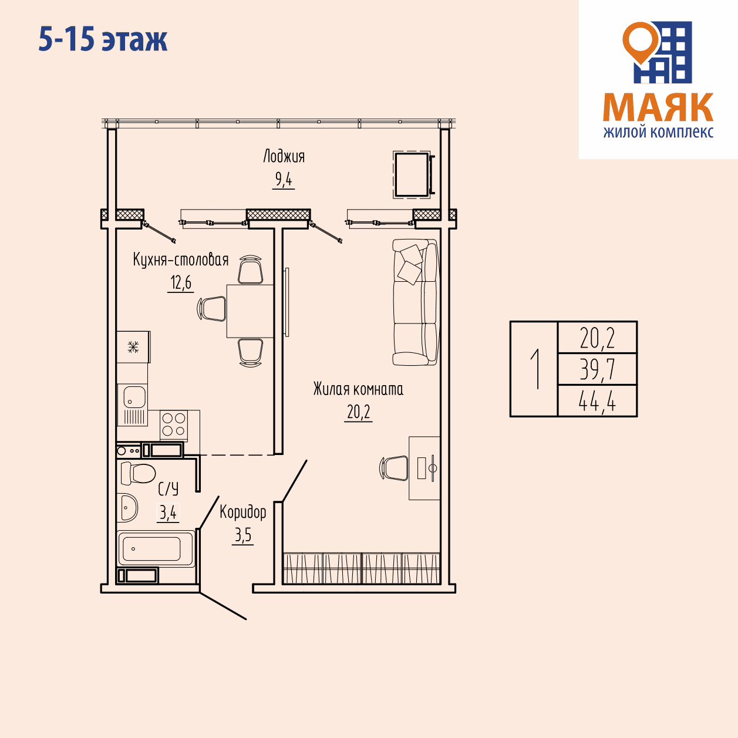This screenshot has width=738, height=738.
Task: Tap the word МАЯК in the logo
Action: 658,107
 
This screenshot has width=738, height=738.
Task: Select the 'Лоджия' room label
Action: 284,156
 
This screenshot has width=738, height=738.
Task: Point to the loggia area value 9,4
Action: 284,179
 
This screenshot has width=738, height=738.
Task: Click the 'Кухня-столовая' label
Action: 181,260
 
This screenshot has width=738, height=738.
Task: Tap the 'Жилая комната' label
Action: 358,389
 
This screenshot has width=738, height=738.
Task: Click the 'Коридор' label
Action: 243,511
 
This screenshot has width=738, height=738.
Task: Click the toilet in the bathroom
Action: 137,473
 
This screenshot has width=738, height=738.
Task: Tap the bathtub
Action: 156,548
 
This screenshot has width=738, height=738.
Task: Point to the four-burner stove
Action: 174,424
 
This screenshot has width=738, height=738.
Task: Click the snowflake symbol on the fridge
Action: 133,347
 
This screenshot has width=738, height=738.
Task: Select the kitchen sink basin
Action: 134,397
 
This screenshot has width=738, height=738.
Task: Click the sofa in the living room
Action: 415,302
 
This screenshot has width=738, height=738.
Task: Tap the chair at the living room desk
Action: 394,468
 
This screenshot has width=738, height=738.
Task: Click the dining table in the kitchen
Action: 250,311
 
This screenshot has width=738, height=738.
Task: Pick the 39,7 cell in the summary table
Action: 598,369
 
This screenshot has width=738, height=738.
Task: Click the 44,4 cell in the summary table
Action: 598,401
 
